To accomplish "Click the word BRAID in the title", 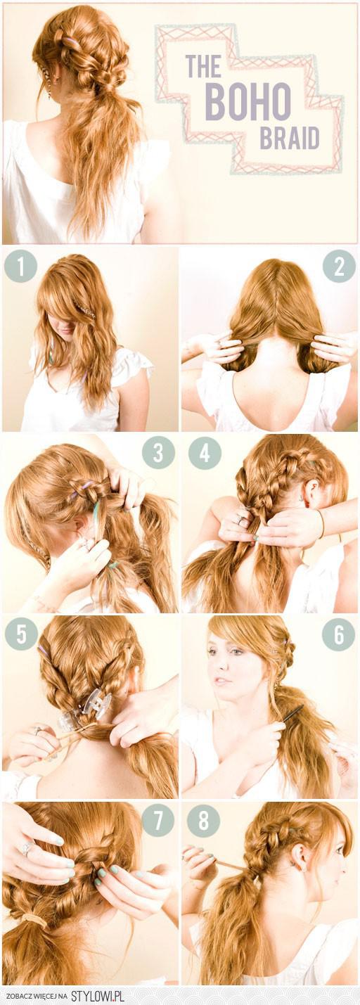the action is point(289,138).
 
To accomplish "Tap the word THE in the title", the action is point(203,67).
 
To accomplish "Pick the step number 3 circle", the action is point(158,454).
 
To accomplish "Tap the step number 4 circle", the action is point(205,454).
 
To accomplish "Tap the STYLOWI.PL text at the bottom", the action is point(98,997).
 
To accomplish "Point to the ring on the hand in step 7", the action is point(28,849).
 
